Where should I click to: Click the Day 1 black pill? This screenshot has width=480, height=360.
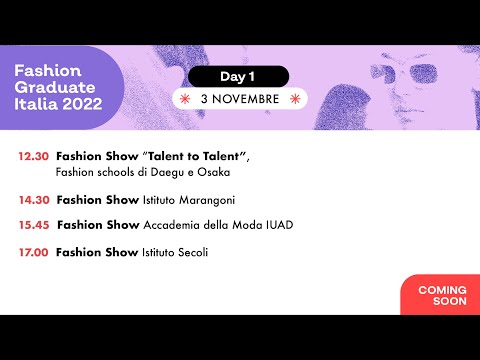pos(238,76)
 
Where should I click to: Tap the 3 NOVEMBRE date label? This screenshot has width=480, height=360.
pos(240,99)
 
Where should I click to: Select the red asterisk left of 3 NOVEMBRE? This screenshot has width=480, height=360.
pos(184,99)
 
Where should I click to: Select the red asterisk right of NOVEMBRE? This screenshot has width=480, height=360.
pos(296,99)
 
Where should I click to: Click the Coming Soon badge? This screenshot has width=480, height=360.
pos(441,295)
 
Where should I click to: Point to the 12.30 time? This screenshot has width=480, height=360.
pos(33,157)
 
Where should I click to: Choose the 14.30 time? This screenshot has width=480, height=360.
pos(33,200)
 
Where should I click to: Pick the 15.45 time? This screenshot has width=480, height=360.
pos(33,225)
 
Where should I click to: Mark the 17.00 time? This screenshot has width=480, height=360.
pos(33,252)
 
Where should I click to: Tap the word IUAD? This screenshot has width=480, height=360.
pos(279,225)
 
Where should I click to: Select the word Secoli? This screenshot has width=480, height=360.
pos(189,252)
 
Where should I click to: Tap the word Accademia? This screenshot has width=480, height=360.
pos(171,225)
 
